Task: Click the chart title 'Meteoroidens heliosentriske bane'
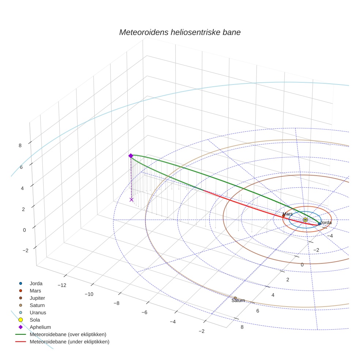(x=180, y=32)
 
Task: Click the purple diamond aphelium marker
(x=131, y=156)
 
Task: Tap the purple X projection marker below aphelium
(x=131, y=199)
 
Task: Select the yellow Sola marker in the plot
(x=305, y=220)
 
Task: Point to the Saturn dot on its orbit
(x=235, y=298)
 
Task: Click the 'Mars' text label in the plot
(x=287, y=214)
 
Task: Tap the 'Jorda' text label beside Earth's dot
(x=326, y=222)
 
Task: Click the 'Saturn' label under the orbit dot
(x=238, y=301)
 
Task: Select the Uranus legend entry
(x=38, y=313)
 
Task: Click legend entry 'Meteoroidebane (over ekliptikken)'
(x=68, y=334)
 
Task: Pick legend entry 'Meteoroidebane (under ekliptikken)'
(x=70, y=342)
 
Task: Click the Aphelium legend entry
(x=40, y=327)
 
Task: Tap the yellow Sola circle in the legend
(x=21, y=320)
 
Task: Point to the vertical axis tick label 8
(x=20, y=145)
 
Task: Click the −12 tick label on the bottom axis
(x=62, y=285)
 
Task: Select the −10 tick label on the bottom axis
(x=89, y=294)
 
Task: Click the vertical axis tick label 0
(x=25, y=230)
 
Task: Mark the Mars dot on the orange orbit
(x=283, y=216)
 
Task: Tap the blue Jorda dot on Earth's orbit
(x=319, y=224)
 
